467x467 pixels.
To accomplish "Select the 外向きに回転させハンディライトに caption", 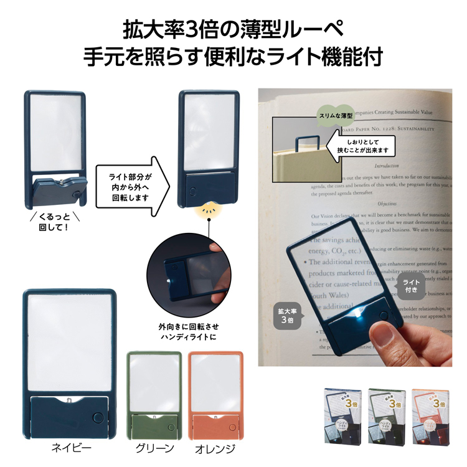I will coord(189,332).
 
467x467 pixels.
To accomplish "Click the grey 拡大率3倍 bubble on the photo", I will coord(285,314).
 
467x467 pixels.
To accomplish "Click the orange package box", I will coord(430,414).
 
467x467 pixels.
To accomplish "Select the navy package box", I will coord(342,414).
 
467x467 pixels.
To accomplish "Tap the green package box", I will coord(386,414).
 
